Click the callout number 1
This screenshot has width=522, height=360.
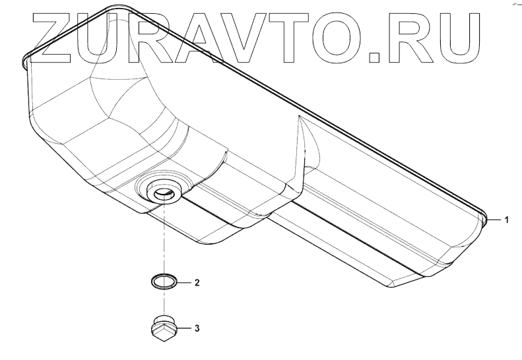tap(506, 219)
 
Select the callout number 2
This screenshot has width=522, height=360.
tap(196, 283)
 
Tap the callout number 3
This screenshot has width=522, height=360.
tap(196, 327)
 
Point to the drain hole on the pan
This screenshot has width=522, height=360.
tap(162, 191)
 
